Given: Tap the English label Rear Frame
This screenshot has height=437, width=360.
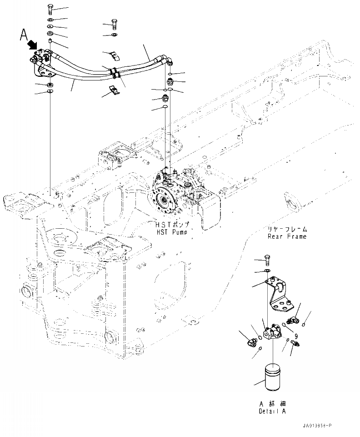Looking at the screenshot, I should pos(287,236).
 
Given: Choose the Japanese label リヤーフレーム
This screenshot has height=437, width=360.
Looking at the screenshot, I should pos(287,229).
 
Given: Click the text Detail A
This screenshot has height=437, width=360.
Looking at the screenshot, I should pos(273,411).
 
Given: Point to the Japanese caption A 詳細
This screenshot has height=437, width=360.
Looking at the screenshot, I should pos(273,404).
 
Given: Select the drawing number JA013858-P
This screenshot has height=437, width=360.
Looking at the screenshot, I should pos(316,425).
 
